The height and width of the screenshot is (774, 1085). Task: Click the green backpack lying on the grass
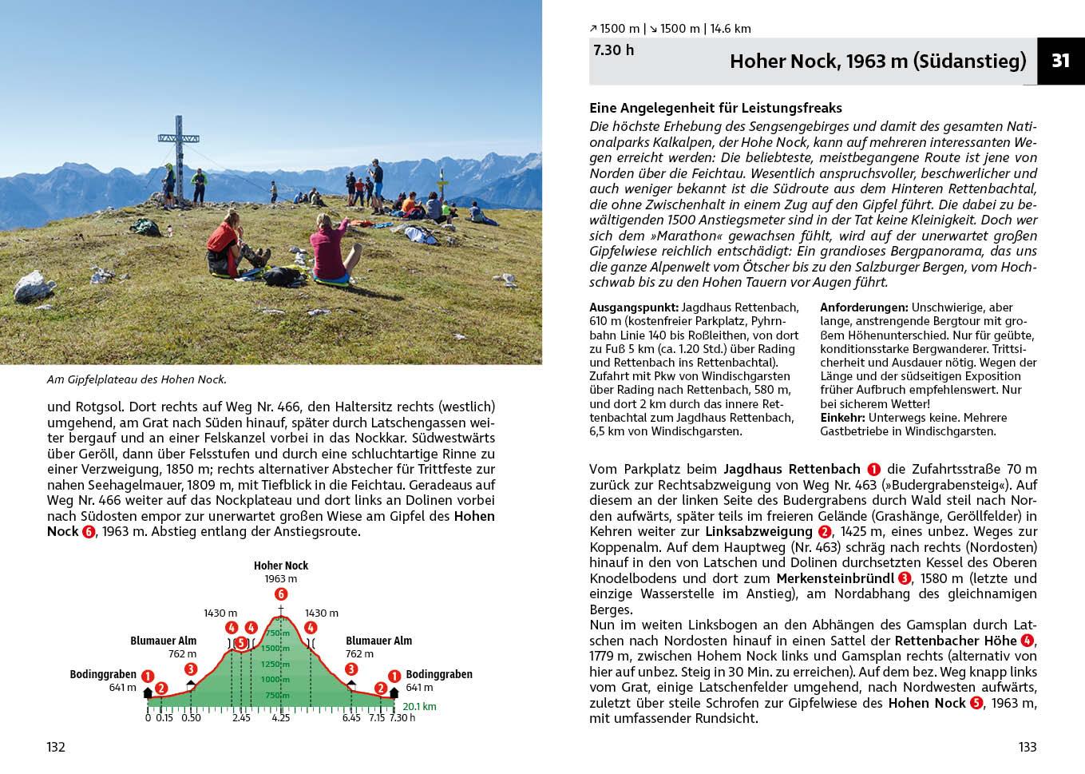tap(145, 226)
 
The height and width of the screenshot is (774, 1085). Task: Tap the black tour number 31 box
tap(1060, 61)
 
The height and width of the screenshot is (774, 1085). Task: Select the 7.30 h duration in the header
tap(613, 50)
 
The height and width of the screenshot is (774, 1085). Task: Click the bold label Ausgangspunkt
tap(633, 308)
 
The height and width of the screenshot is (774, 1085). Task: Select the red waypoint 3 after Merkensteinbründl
tap(904, 579)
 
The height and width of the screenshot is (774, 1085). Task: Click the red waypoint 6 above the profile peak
tap(280, 594)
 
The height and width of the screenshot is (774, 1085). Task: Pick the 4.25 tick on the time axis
tap(280, 718)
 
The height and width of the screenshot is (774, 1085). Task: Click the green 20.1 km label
tap(419, 707)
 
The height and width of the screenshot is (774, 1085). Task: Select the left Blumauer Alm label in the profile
tap(164, 641)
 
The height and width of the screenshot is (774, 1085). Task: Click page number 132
tap(55, 748)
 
